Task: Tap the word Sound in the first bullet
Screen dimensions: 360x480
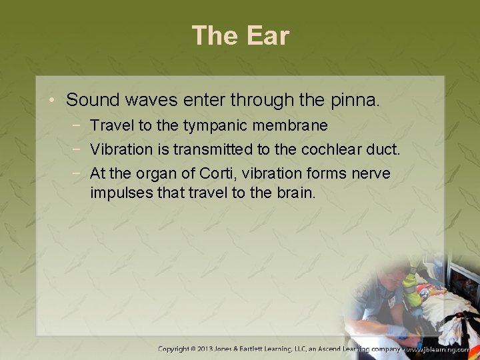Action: [x=90, y=101]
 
